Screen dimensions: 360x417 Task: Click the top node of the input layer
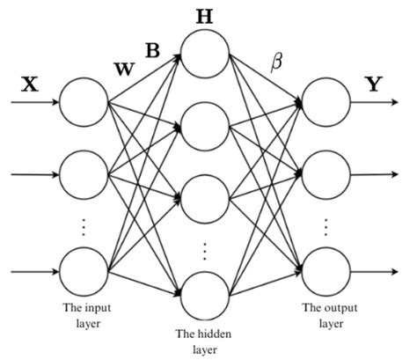pyautogui.click(x=84, y=104)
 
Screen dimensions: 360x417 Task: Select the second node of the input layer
pyautogui.click(x=84, y=174)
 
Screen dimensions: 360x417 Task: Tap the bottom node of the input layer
pyautogui.click(x=84, y=273)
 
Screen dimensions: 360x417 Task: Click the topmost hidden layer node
pyautogui.click(x=205, y=55)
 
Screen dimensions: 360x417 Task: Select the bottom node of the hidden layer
pyautogui.click(x=205, y=296)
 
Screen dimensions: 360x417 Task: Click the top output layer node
pyautogui.click(x=325, y=104)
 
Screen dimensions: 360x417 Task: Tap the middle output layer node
pyautogui.click(x=325, y=174)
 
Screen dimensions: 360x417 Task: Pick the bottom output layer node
pyautogui.click(x=325, y=273)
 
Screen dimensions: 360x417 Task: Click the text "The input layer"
pyautogui.click(x=84, y=315)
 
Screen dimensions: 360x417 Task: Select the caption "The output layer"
pyautogui.click(x=325, y=315)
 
